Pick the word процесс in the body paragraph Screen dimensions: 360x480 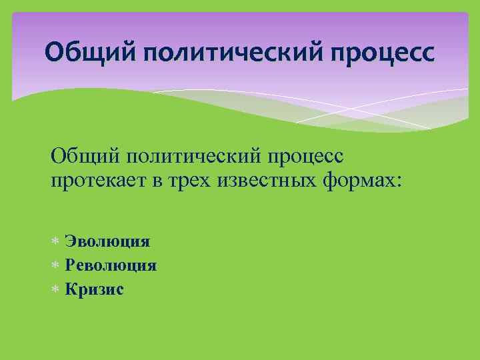coord(303,159)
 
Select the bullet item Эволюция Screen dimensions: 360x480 coord(107,241)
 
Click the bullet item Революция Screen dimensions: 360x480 coord(111,265)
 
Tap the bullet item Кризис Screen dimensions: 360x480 coord(94,289)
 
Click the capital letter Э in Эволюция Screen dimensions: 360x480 coord(69,241)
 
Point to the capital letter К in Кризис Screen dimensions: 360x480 coord(70,289)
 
